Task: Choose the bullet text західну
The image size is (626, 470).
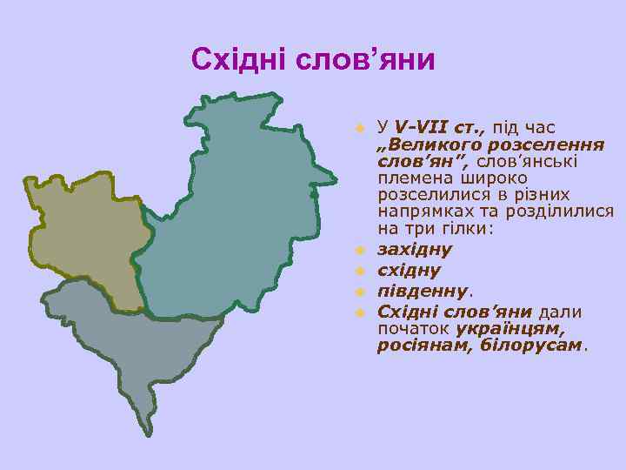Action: click(x=415, y=250)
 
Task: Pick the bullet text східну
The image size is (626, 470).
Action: click(x=409, y=271)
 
